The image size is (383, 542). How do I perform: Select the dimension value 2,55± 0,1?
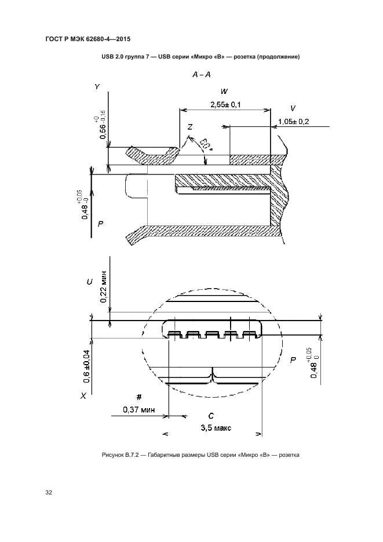coord(224,104)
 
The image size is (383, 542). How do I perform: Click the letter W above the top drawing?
coord(224,92)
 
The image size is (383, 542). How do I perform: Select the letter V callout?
coord(293,108)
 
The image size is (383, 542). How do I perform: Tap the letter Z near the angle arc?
coord(190,127)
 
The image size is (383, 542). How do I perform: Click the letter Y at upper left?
coord(97,86)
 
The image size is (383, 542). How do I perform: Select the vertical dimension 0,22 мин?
coord(103,286)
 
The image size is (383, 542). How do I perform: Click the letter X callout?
coord(84,396)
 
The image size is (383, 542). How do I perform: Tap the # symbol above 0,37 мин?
coord(138,397)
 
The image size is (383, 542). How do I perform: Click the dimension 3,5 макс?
coord(216,428)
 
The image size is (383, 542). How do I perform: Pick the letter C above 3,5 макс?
coord(211,416)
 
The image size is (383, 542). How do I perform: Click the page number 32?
coord(49,492)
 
